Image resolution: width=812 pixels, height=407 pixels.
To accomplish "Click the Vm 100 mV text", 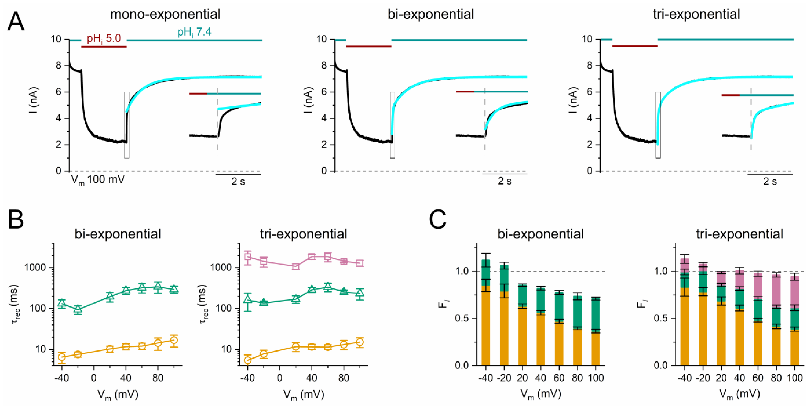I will [x=98, y=180].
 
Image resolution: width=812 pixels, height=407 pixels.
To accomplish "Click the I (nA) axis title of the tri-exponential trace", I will [x=574, y=100].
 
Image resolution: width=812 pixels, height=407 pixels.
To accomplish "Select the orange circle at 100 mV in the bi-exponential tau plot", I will [x=174, y=340].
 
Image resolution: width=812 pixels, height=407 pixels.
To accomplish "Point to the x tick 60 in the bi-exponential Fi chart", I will [x=559, y=378].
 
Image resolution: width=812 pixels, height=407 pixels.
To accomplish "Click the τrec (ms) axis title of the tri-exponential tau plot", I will [x=203, y=304].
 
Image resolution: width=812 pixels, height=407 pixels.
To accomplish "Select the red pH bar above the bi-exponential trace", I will [x=368, y=46].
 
